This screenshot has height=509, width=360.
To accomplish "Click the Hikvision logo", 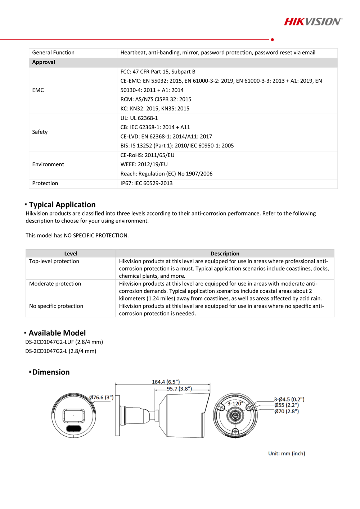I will [x=313, y=22].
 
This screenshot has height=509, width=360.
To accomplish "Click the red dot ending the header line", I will [x=272, y=40].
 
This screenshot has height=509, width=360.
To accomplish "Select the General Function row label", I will [x=53, y=53].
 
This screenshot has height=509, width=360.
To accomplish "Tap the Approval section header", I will [x=44, y=62].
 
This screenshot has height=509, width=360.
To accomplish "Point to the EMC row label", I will [x=38, y=90].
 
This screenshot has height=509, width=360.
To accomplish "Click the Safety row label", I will [x=40, y=132].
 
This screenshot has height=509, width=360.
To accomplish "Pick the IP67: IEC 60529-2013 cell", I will [x=146, y=183].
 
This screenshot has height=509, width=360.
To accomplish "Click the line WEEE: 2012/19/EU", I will [x=144, y=164].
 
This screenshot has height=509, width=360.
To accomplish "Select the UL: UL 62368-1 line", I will [x=139, y=118].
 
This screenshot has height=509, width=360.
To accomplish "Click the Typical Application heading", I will [x=62, y=205].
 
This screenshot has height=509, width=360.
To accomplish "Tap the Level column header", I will [x=71, y=254].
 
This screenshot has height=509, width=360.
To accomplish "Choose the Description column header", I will [x=225, y=254].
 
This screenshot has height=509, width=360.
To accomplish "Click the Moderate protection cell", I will [x=55, y=284].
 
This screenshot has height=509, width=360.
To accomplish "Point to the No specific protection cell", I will [x=56, y=306].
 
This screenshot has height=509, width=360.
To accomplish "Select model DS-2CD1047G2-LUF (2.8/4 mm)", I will [x=64, y=342].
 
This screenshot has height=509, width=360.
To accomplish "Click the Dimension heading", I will [x=51, y=372].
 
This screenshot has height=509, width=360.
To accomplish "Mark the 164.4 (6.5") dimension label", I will [x=166, y=382].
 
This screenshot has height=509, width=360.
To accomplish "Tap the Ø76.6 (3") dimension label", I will [x=101, y=397].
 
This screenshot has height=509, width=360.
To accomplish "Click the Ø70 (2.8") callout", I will [x=287, y=411].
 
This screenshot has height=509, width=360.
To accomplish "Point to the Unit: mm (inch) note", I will [x=287, y=454].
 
